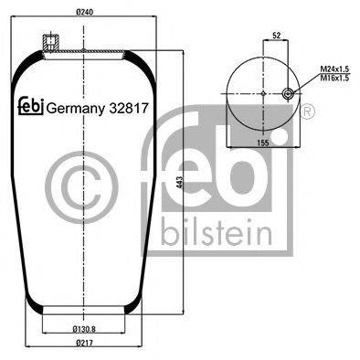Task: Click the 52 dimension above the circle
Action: click(x=274, y=36)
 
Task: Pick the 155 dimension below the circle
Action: click(x=262, y=143)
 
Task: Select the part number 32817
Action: click(x=128, y=105)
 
